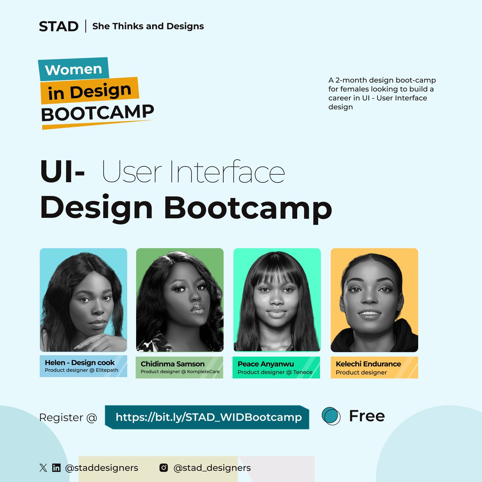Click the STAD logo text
tap(59, 27)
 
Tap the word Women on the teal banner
tap(74, 69)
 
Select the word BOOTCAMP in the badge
tap(97, 113)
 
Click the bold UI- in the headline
tap(63, 172)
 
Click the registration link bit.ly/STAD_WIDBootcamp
tap(208, 417)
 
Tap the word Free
tap(367, 416)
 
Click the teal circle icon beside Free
tap(331, 416)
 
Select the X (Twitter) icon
tap(43, 468)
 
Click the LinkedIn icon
tap(56, 468)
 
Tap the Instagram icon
tap(164, 468)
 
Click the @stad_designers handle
tap(212, 468)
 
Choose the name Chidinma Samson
tap(172, 364)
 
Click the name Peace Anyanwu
tap(266, 364)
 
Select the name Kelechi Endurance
tap(368, 364)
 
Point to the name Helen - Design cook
tap(80, 363)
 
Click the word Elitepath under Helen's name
tap(107, 370)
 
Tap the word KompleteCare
tap(204, 372)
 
